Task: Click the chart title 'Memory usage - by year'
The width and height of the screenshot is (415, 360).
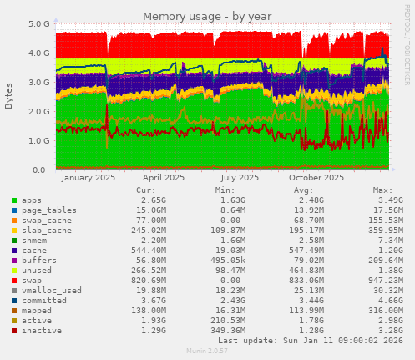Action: (206, 17)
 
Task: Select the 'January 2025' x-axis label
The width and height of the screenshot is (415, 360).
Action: (89, 178)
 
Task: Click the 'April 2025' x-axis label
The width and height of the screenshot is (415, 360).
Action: (164, 178)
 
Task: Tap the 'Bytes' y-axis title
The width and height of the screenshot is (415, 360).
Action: (9, 96)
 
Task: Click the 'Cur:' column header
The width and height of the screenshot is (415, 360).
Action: (145, 190)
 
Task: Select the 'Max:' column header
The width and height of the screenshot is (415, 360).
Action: (382, 190)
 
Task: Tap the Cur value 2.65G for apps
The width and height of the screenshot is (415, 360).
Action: (142, 201)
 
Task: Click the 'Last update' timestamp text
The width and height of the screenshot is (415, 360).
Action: (309, 340)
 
